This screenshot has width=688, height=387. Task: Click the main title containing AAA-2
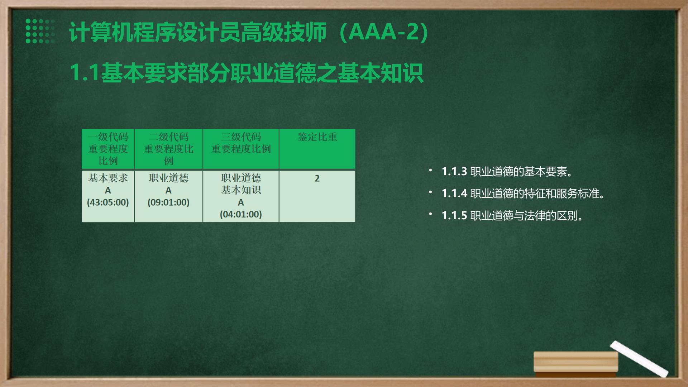pyautogui.click(x=249, y=32)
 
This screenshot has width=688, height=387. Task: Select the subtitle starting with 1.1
pyautogui.click(x=246, y=73)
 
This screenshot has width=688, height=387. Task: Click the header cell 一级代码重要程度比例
pyautogui.click(x=108, y=149)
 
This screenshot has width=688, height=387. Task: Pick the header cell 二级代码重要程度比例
pyautogui.click(x=168, y=149)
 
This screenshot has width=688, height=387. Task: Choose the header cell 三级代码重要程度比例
pyautogui.click(x=241, y=149)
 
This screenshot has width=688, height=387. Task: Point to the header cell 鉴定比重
pyautogui.click(x=317, y=149)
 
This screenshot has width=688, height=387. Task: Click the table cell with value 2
pyautogui.click(x=317, y=196)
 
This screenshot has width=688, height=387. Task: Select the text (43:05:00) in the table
pyautogui.click(x=108, y=202)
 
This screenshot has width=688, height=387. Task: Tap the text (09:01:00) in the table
pyautogui.click(x=168, y=202)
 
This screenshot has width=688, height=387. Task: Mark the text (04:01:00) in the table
pyautogui.click(x=241, y=214)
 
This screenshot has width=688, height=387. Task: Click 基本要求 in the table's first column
pyautogui.click(x=108, y=178)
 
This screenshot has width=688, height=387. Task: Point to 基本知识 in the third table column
pyautogui.click(x=241, y=190)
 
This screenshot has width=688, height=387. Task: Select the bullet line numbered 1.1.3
pyautogui.click(x=507, y=172)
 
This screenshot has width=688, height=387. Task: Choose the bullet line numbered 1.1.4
pyautogui.click(x=524, y=193)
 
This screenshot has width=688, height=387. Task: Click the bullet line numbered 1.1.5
pyautogui.click(x=513, y=216)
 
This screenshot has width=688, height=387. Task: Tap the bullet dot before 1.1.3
pyautogui.click(x=430, y=171)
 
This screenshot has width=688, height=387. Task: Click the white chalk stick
pyautogui.click(x=639, y=359)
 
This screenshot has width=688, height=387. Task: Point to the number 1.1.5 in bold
pyautogui.click(x=454, y=216)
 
